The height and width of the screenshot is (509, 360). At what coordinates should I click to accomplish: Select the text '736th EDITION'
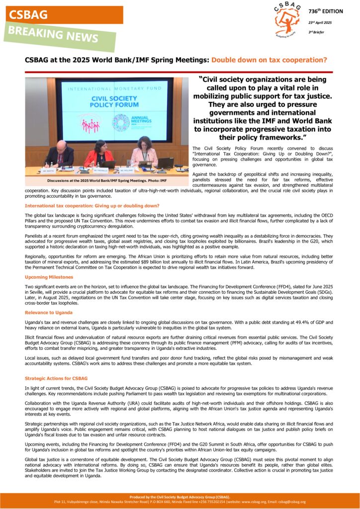(326, 11)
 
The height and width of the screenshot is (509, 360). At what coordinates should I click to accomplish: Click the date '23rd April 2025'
(320, 22)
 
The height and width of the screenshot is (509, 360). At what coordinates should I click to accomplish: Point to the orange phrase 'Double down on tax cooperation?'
(269, 60)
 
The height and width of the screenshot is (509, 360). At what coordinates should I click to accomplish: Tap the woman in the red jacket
(99, 154)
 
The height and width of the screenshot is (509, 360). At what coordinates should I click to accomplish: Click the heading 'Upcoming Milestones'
(49, 277)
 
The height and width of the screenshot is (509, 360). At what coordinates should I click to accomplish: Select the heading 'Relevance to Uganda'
(48, 312)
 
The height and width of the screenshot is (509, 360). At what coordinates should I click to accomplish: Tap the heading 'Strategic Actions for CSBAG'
(56, 378)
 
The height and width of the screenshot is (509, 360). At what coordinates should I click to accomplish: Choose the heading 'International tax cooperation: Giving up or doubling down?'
(92, 205)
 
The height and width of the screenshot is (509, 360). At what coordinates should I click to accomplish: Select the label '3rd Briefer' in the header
(316, 32)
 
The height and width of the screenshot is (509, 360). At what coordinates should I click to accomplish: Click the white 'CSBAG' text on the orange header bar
(29, 15)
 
